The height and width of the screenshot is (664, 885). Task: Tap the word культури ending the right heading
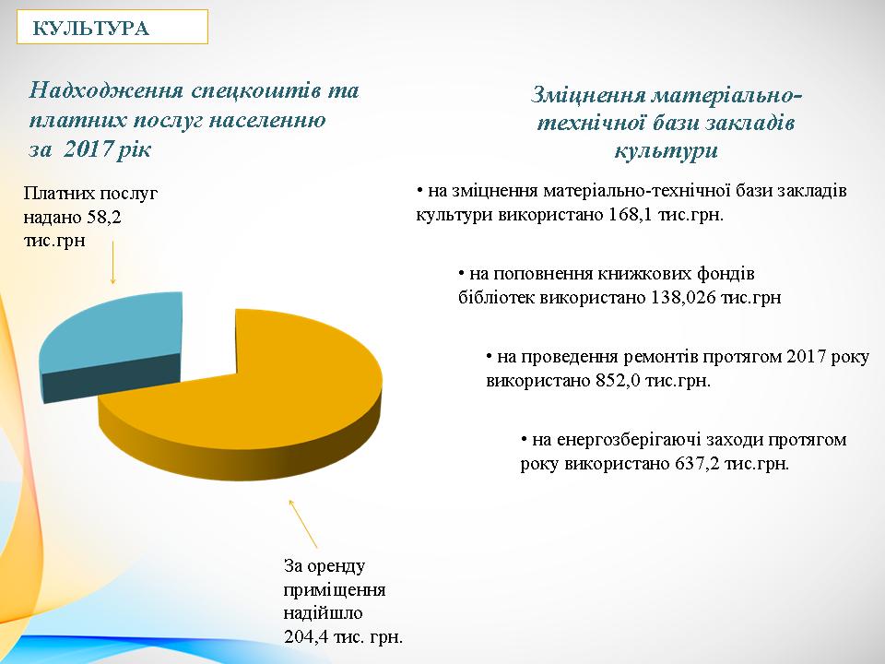pyautogui.click(x=665, y=150)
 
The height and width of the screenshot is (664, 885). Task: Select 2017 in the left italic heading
pyautogui.click(x=94, y=148)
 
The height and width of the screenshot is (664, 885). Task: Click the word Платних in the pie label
pyautogui.click(x=55, y=193)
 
